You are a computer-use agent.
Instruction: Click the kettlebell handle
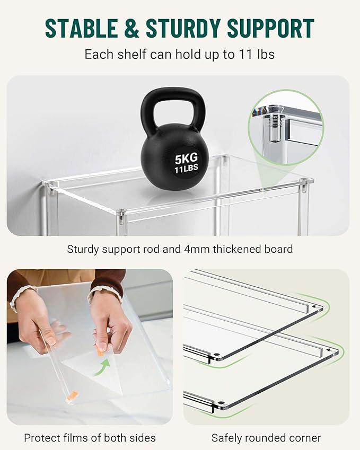(x=172, y=103)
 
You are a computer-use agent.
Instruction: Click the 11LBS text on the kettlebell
(x=185, y=170)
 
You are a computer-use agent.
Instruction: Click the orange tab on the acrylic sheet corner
(x=73, y=395)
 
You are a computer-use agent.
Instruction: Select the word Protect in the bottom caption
(x=42, y=438)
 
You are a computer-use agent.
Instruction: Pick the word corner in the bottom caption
(x=304, y=438)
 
